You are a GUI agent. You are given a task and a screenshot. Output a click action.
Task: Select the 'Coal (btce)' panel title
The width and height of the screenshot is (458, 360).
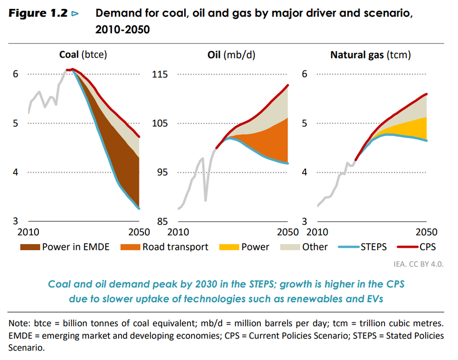coord(83,55)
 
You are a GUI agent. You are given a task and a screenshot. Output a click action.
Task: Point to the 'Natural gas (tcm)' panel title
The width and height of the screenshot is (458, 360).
coord(370,55)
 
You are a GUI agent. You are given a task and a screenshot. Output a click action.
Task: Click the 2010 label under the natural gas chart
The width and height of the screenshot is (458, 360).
coord(320,232)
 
